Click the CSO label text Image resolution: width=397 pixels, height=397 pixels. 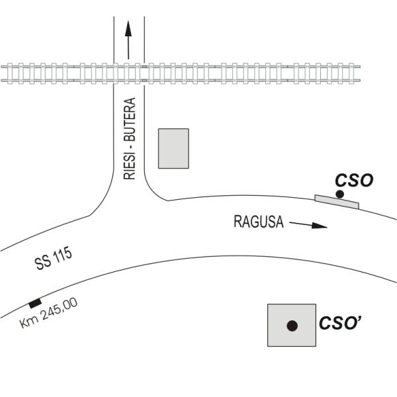point(354,181)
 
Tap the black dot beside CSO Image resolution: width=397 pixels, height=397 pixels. point(339,194)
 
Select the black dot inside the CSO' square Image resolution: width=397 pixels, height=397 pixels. point(292,326)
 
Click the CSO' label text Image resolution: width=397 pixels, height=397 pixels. point(340,324)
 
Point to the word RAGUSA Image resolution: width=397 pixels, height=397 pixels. point(259,222)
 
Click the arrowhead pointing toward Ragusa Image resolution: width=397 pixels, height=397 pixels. point(320,226)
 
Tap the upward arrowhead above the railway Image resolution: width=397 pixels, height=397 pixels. point(128,28)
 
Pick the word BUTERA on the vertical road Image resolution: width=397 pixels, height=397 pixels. point(130,120)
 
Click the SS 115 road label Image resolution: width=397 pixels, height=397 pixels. point(54,258)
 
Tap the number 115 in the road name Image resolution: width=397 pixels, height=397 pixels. point(62,255)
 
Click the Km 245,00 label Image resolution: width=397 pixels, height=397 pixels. point(48,313)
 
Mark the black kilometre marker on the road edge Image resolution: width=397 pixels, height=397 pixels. point(35,303)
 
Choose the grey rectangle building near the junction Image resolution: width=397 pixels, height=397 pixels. point(173,148)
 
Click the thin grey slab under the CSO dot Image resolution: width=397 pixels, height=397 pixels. point(337,202)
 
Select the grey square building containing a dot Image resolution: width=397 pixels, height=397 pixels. point(292,325)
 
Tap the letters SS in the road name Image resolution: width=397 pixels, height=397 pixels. point(42,263)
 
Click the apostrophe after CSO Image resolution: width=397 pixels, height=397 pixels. point(358,319)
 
